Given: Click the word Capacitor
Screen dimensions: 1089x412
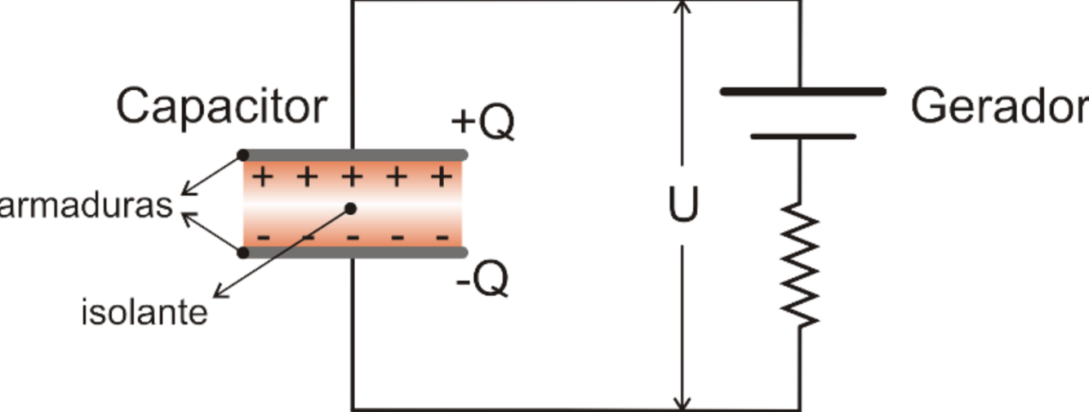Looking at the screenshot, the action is pos(221,107).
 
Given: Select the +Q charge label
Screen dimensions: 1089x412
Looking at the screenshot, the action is pos(482,123).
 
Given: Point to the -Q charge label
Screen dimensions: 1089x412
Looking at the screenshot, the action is pos(482,280).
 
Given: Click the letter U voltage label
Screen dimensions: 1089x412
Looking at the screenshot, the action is pos(683,207).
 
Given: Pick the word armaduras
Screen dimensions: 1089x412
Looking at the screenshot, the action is pos(86,205).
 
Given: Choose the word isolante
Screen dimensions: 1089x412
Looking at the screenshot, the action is pos(144,312).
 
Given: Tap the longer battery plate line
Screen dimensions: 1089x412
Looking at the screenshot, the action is pos(802,92).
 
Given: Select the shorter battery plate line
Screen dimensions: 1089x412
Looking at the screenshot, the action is pos(802,137).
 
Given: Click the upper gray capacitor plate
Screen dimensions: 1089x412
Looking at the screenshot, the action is pos(355,154).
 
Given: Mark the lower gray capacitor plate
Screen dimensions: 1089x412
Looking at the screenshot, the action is pos(355,253).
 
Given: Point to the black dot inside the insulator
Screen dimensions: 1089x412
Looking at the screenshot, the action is pos(350,208).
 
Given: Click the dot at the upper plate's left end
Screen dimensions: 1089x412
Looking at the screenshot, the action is pos(242,154).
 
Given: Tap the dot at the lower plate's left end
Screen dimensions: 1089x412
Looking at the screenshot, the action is pos(242,253).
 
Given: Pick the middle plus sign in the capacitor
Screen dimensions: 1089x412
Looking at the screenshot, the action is pos(351,177).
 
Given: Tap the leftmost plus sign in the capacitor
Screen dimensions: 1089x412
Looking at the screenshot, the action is pos(263,177).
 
